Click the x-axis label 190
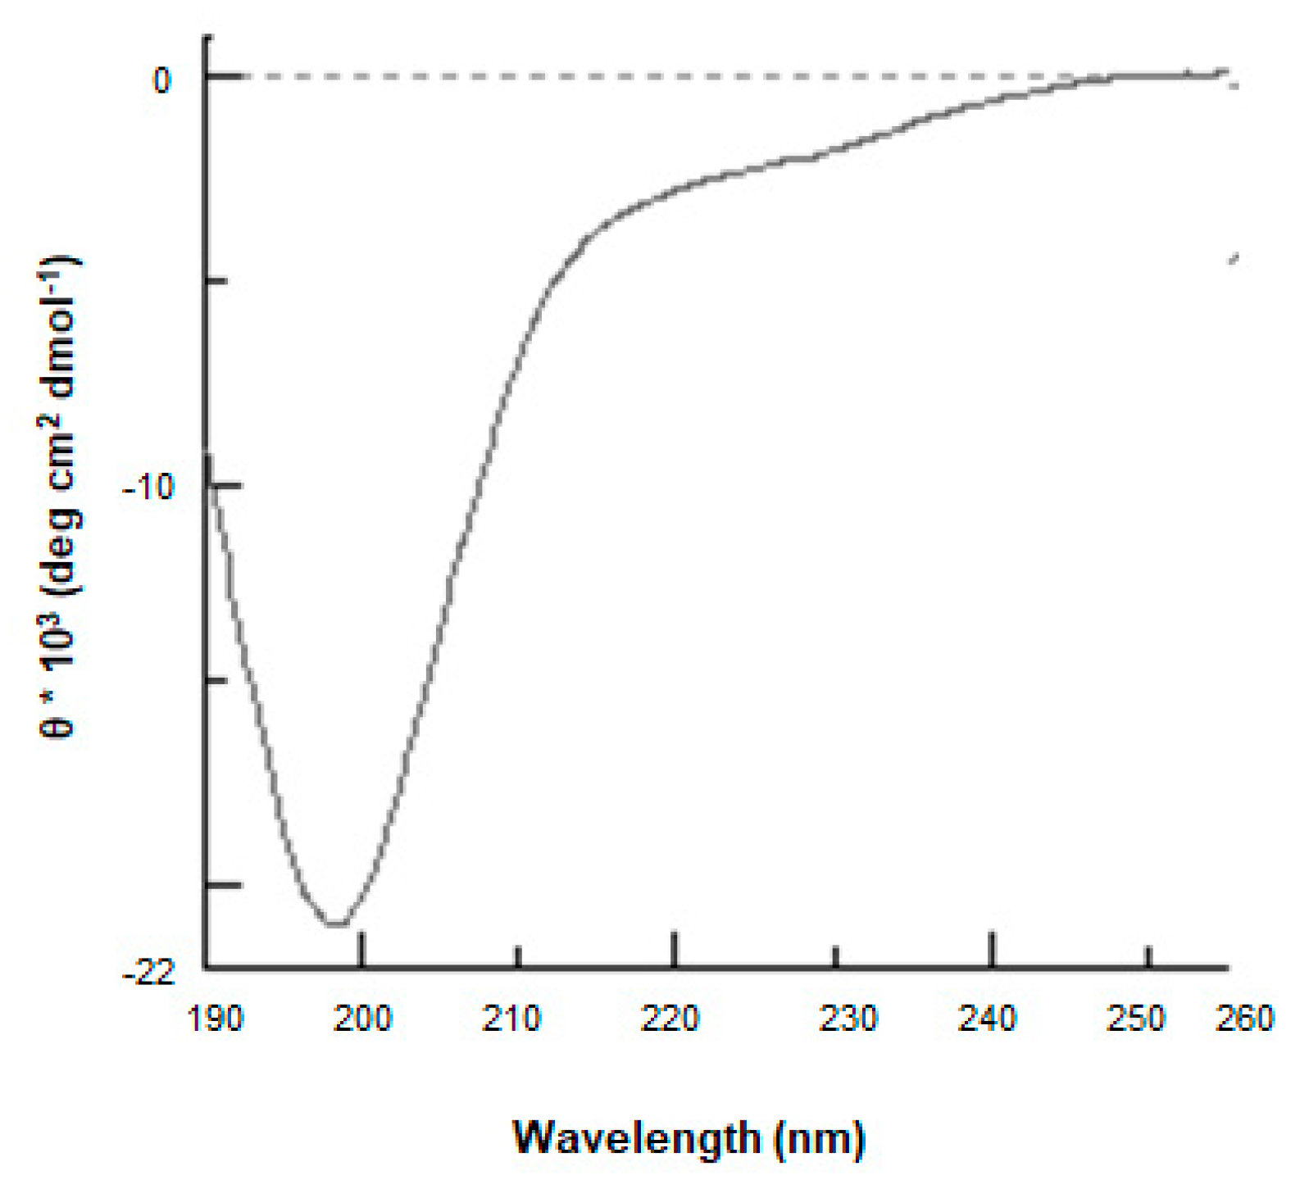[216, 1019]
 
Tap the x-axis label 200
[364, 1019]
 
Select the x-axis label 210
[511, 1019]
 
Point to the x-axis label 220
[669, 1019]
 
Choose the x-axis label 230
[848, 1019]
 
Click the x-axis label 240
[988, 1019]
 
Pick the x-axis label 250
[1136, 1019]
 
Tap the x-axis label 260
[1244, 1019]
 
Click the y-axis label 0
[162, 80]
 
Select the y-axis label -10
[148, 488]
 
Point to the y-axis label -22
[148, 973]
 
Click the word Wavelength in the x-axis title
[637, 1137]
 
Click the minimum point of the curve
[336, 924]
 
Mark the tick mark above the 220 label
[675, 949]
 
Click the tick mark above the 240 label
[992, 949]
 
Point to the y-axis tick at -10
[225, 485]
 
